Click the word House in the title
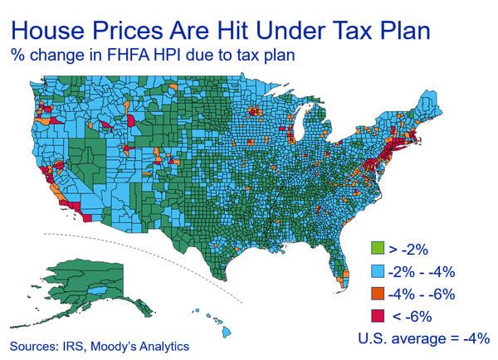[52, 30]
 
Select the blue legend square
[375, 271]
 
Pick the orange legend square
[375, 293]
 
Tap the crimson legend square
[375, 315]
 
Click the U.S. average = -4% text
[423, 338]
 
